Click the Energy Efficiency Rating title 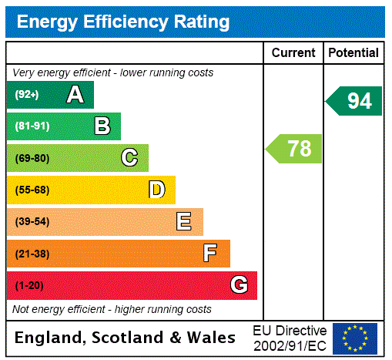[x=123, y=22]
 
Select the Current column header [x=293, y=53]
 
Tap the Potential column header [x=353, y=53]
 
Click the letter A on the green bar [x=75, y=95]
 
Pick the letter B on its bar [x=102, y=126]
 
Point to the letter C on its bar [x=129, y=158]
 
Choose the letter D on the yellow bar [x=156, y=190]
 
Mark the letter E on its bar [x=184, y=222]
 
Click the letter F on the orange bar [x=210, y=254]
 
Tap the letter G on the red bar [x=240, y=285]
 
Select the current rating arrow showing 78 [x=295, y=149]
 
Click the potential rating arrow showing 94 [x=354, y=101]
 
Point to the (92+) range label [x=27, y=95]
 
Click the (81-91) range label [x=32, y=126]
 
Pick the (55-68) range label [x=32, y=190]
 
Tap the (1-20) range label [x=29, y=285]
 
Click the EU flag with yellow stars [x=355, y=338]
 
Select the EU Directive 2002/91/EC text [x=290, y=338]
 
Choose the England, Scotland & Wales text [x=126, y=338]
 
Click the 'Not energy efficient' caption [x=112, y=309]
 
